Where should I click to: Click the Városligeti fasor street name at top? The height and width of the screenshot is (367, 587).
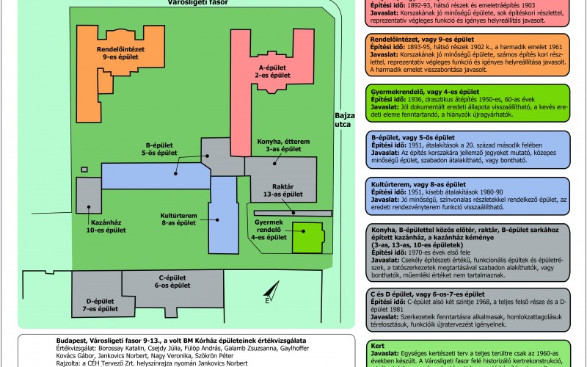199,4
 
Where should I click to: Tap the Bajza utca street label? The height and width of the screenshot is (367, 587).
344,121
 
